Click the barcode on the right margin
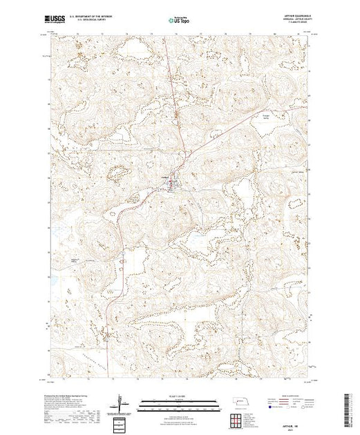click(350, 407)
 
